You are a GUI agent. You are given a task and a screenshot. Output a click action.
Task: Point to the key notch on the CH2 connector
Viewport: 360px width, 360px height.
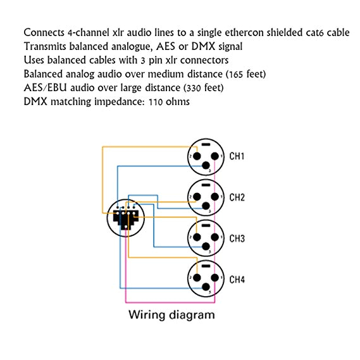205,184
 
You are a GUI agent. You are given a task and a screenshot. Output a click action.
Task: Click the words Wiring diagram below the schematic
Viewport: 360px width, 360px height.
171,314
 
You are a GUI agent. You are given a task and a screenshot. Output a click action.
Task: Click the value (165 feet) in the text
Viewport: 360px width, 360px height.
240,73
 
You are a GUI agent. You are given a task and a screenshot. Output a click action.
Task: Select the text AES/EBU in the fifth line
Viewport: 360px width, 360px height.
44,87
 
